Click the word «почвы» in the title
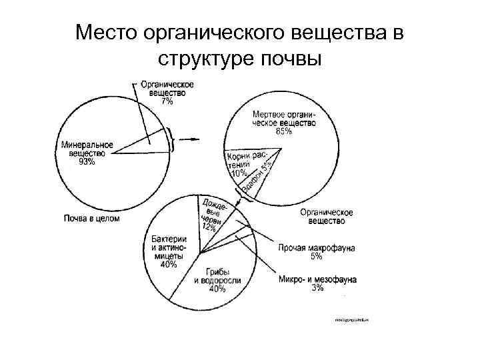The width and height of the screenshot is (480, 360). point(293,59)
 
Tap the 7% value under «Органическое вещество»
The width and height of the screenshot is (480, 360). point(167,102)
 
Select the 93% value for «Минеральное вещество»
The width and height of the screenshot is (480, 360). point(87,161)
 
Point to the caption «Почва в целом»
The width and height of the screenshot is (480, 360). point(91,217)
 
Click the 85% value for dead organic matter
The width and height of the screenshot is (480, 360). point(283,131)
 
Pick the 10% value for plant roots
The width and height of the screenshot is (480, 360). point(238,173)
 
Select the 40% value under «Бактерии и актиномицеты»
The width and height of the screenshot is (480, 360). point(169,264)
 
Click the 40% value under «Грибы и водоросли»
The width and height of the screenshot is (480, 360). point(217,289)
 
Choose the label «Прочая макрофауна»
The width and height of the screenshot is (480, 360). point(316,247)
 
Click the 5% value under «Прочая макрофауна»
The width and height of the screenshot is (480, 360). point(316,256)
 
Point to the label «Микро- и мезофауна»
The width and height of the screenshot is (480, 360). point(317,279)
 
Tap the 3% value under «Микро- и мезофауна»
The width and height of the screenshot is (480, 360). point(317,288)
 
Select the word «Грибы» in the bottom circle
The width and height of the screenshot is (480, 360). point(216,271)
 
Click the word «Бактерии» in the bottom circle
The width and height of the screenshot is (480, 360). point(169,239)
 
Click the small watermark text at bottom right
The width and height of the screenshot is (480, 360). point(351,320)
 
